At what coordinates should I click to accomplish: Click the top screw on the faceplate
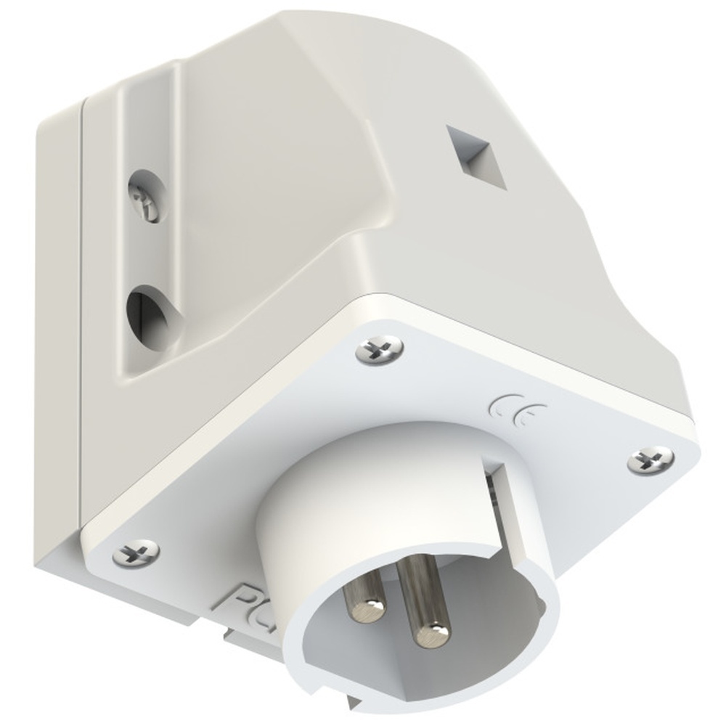click(380, 348)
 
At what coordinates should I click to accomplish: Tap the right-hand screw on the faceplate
click(650, 458)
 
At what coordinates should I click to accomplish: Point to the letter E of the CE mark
click(527, 414)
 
